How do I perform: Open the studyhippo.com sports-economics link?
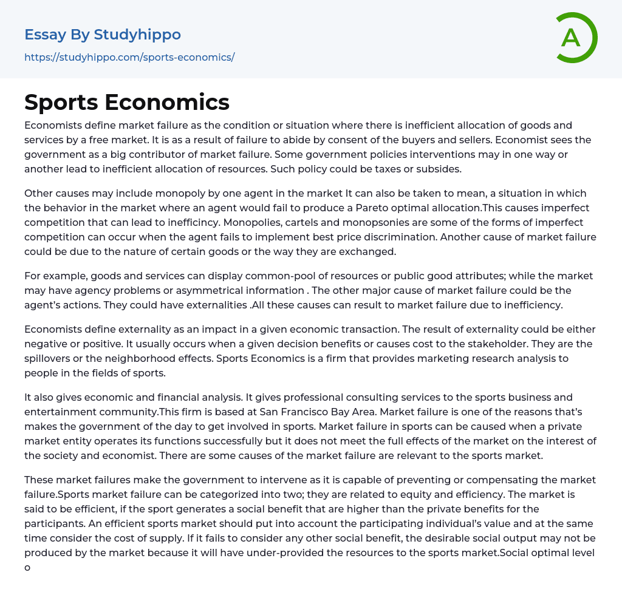pyautogui.click(x=129, y=58)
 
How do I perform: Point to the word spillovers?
pyautogui.click(x=47, y=358)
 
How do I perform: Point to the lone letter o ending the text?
pyautogui.click(x=27, y=568)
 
